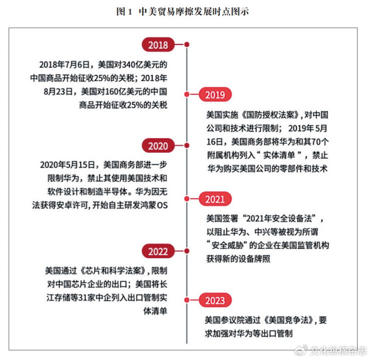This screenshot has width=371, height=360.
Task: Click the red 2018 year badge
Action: [x=158, y=44]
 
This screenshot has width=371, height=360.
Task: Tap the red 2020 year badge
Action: [x=158, y=145]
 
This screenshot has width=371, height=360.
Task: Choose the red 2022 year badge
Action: [x=158, y=250]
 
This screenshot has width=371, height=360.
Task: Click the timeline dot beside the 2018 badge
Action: [x=186, y=44]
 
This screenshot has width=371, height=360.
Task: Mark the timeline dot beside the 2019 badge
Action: [x=186, y=94]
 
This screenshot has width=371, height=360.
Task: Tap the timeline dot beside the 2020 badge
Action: [x=186, y=145]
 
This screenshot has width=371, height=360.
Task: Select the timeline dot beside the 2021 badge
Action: [x=186, y=199]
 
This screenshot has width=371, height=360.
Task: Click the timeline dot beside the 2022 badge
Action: [x=186, y=250]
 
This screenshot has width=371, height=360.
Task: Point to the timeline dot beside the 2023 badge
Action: [x=186, y=300]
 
